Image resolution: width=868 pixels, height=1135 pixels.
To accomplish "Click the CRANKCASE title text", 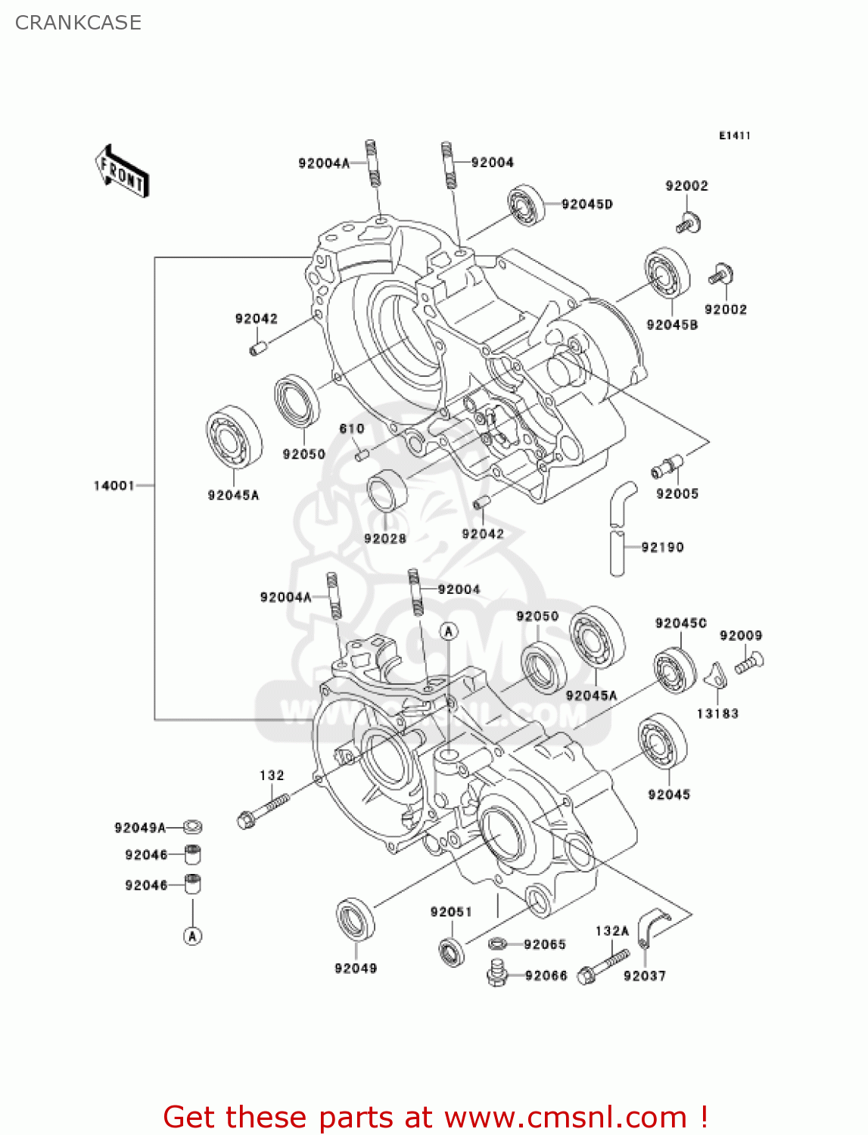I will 78,23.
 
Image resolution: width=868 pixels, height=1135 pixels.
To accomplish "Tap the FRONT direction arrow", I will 122,172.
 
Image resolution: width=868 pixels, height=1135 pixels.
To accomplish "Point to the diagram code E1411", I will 734,135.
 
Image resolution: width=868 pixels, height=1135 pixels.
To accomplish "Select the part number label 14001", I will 114,486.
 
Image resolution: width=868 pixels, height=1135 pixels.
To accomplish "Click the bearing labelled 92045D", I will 526,204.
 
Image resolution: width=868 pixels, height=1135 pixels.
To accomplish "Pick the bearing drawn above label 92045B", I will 667,275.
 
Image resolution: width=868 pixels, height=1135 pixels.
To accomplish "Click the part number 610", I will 352,428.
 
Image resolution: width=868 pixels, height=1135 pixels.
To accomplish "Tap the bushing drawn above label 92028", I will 387,490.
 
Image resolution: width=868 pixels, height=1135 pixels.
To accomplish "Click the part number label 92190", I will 662,547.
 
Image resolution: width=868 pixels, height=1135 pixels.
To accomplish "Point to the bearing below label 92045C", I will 675,670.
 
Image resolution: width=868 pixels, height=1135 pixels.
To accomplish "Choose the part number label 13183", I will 717,714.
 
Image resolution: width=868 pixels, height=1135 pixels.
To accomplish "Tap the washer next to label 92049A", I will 193,827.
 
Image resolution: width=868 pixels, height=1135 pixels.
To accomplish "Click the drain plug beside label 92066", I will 496,972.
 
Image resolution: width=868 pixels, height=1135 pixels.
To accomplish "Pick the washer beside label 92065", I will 497,943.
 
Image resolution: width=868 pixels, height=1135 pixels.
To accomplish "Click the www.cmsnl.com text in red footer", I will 565,1117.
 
